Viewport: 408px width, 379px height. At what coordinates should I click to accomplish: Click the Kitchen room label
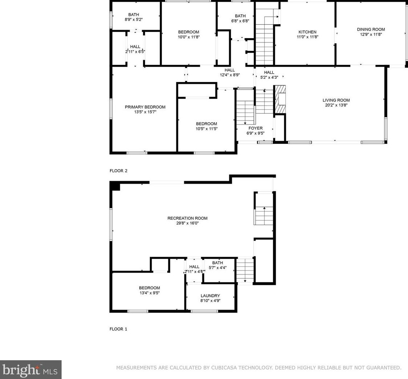tap(307, 32)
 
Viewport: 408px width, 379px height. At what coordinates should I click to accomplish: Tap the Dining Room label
tap(371, 29)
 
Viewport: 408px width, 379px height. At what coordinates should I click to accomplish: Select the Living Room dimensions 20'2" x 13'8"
tap(336, 105)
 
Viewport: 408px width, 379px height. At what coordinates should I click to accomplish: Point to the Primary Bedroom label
tap(145, 107)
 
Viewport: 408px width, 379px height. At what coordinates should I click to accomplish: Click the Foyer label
tap(256, 128)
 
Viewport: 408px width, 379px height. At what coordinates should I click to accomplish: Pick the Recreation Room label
tap(187, 218)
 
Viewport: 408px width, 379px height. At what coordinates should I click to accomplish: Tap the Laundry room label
tap(210, 296)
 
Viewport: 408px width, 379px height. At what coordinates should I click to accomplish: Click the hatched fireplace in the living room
tap(280, 99)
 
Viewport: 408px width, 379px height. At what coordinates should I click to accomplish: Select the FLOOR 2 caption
tap(118, 171)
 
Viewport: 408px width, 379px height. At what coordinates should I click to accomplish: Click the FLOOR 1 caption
tap(118, 329)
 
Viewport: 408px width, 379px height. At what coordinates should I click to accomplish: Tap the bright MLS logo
tap(31, 370)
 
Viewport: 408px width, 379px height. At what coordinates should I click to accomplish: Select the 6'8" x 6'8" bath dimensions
tap(240, 21)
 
